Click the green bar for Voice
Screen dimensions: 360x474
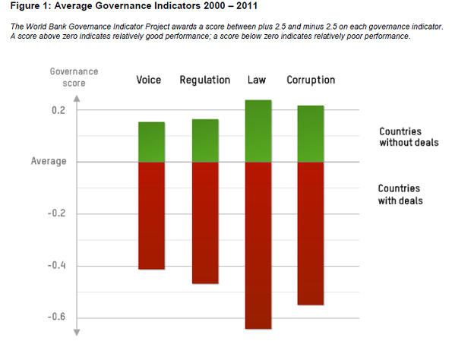(151, 142)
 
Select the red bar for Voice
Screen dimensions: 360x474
(151, 216)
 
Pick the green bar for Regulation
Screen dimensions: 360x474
(205, 141)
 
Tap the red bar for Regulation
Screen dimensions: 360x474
(205, 223)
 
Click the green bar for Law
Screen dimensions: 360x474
(258, 131)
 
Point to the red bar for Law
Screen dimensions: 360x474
(258, 245)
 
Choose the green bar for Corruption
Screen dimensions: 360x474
(311, 134)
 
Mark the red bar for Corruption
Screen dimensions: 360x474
(311, 233)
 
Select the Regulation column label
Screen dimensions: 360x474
(205, 80)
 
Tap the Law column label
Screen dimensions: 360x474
(257, 80)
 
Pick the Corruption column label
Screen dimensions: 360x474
(311, 80)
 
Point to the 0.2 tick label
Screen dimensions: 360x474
(58, 110)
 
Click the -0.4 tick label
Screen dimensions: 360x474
(56, 265)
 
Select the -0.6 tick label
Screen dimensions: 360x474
(56, 317)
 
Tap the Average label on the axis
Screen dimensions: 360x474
(49, 161)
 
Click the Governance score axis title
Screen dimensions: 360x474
(74, 77)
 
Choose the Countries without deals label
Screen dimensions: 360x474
(409, 137)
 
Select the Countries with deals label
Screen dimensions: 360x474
(400, 194)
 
